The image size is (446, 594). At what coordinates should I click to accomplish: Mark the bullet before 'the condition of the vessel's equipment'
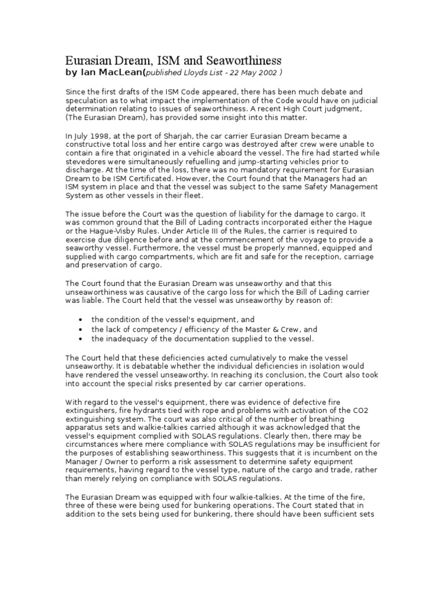pyautogui.click(x=78, y=320)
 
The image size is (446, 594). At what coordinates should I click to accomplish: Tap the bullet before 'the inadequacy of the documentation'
pyautogui.click(x=78, y=338)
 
